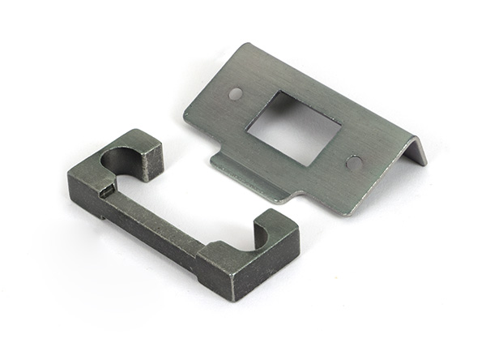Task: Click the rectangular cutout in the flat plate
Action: click(x=293, y=127)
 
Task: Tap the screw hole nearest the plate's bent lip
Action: click(x=354, y=162)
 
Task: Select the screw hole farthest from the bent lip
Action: click(x=235, y=93)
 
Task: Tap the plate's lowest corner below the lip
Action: click(x=347, y=214)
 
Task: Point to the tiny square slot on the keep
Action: click(x=105, y=192)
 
